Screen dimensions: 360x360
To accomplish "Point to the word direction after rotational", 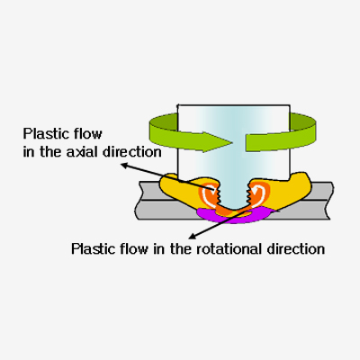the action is coord(296,248).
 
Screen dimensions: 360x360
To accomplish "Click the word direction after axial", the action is coord(132,152).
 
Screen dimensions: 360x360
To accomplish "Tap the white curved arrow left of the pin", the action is coord(208,194).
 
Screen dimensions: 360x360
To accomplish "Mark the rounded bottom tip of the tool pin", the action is coord(233,209).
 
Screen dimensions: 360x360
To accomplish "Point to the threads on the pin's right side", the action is coord(248,194).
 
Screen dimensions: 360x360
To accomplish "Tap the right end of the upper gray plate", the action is coord(331,191).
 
